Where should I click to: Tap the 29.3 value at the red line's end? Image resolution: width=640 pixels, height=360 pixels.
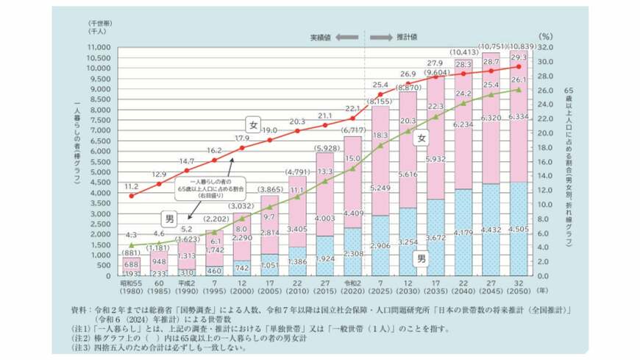[518, 57]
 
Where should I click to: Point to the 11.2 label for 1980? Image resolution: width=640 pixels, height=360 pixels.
[131, 187]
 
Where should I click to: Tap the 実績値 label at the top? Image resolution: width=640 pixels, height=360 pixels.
[321, 36]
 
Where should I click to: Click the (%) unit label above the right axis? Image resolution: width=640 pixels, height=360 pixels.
[544, 35]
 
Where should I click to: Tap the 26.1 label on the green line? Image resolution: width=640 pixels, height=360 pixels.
[518, 80]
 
